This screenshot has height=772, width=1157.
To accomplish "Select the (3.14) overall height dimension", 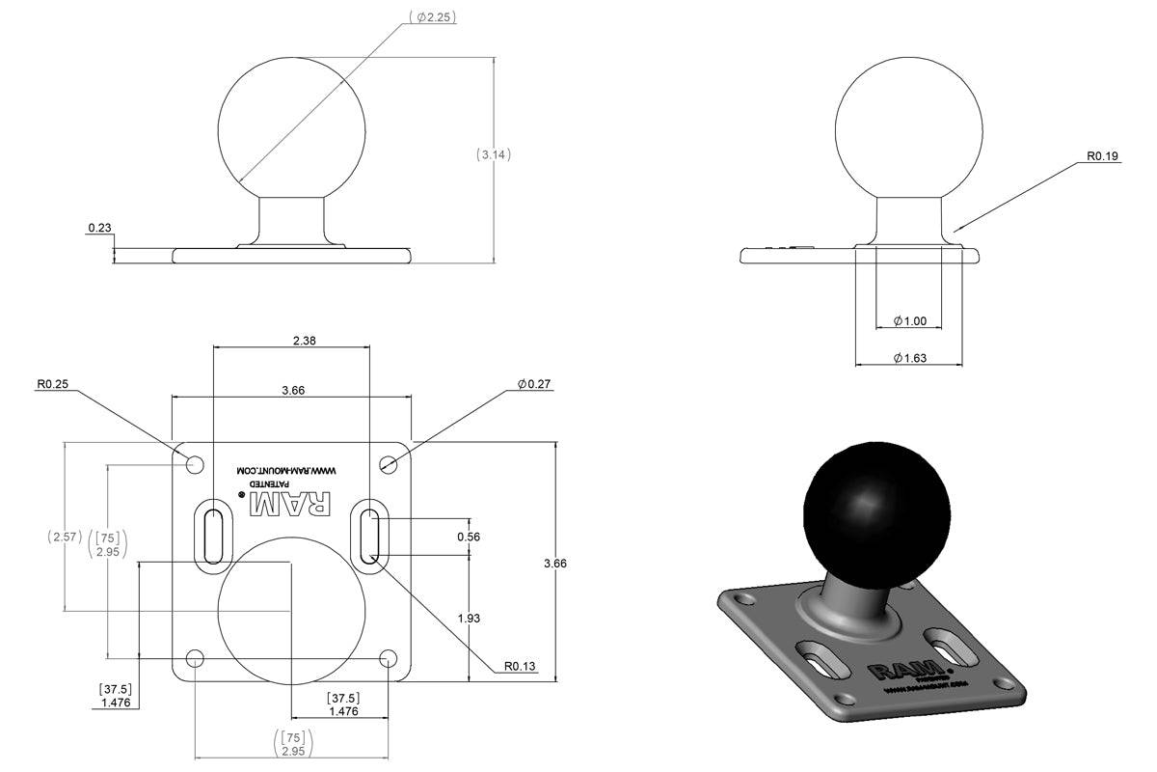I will tap(494, 154).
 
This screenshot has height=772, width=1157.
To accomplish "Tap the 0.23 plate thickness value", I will tap(99, 228).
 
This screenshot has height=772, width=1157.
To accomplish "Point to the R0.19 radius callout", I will tap(1103, 155).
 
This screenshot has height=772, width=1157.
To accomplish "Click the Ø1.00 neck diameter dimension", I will tap(909, 320).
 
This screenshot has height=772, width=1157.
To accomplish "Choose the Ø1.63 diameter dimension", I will tap(909, 358).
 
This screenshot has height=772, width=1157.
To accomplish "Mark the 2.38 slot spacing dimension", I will tap(291, 339).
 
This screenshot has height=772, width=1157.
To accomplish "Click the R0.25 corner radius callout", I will tap(54, 384).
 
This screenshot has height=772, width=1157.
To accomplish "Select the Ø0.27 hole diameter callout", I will tap(534, 384).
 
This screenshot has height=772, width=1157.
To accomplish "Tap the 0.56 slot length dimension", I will tap(469, 537).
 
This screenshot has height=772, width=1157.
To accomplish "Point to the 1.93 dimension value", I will tap(469, 618).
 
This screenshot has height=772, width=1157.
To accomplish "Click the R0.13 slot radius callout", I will tap(520, 666).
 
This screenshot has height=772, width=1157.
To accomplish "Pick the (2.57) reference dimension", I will tap(65, 537).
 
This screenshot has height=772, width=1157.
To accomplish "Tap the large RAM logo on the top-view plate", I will tap(290, 502).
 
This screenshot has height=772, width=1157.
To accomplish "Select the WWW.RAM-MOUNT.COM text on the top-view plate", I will tap(290, 471).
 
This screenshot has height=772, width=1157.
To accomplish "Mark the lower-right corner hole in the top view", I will tap(388, 659).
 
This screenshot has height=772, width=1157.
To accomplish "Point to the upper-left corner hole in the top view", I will tap(195, 464).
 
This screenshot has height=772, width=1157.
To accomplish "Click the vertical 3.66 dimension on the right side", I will tap(555, 563).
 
